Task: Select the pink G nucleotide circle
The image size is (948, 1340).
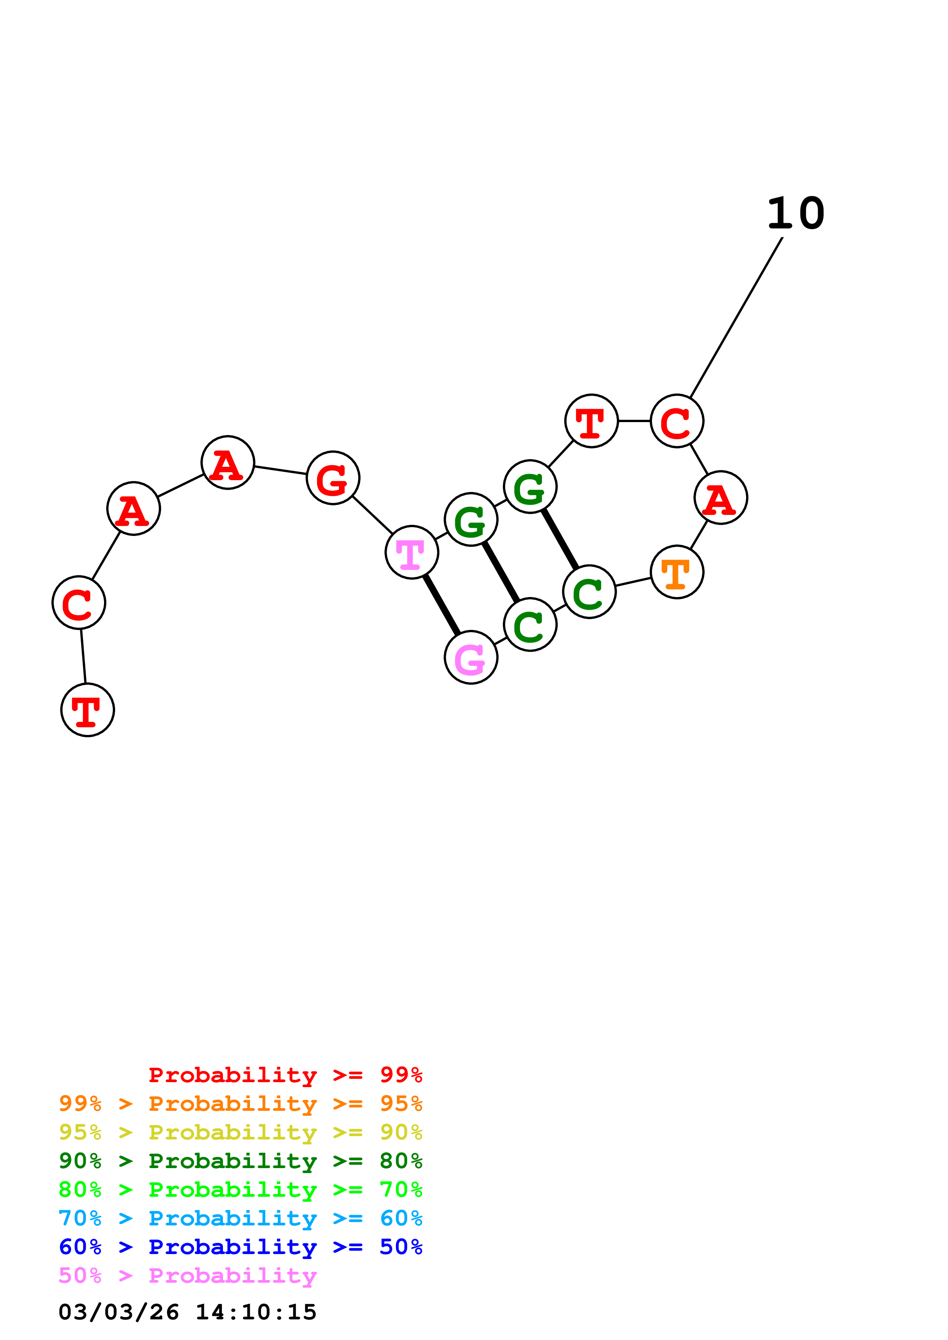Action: pos(471,658)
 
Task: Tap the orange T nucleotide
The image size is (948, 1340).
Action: pos(677,572)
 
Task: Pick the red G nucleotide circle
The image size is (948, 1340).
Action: pos(333,478)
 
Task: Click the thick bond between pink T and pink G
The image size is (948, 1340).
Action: pos(442,605)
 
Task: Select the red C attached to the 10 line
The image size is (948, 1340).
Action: pos(677,421)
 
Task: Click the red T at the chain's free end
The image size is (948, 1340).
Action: pos(88,710)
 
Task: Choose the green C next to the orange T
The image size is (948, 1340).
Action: pos(589,592)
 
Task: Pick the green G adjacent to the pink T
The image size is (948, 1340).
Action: pos(471,519)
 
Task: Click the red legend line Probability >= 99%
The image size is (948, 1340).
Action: pos(285,1075)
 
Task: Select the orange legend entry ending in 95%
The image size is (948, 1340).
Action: pos(241,1104)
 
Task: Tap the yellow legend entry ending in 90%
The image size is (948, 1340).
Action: pos(241,1132)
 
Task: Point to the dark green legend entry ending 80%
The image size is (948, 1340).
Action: pos(241,1161)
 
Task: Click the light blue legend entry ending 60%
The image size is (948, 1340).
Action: pos(241,1218)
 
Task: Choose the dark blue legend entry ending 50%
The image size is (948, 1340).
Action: pos(241,1247)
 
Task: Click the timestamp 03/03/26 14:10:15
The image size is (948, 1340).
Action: pos(187,1312)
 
